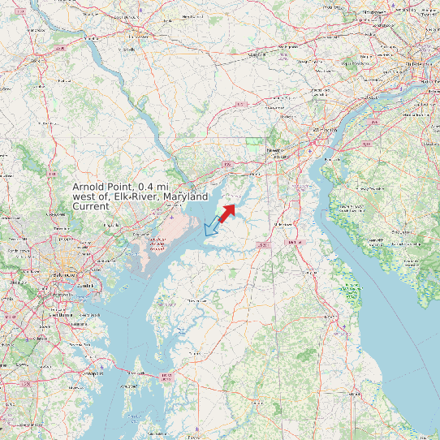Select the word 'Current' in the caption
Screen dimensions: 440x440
tap(91, 207)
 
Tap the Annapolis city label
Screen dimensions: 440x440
tap(93, 374)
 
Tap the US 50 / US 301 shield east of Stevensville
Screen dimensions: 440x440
tap(167, 376)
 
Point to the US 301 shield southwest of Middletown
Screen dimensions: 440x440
tap(261, 244)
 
